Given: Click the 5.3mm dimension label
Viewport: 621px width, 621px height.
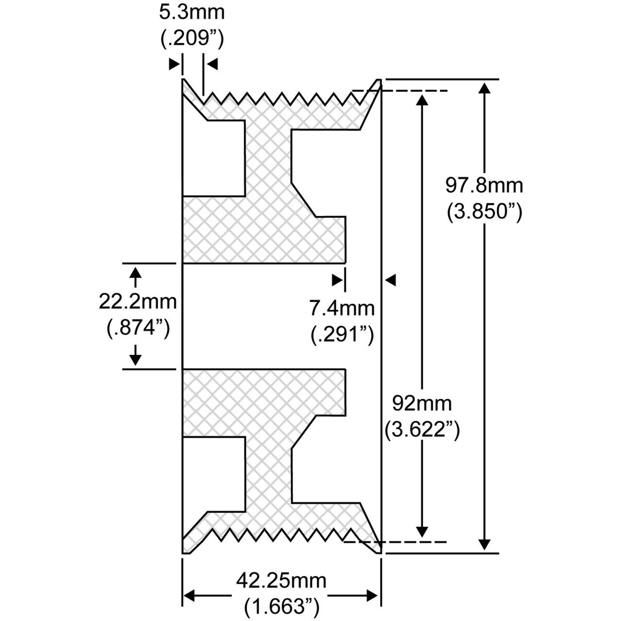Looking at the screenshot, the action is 192,13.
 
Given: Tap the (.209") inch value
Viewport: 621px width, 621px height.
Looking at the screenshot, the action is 192,39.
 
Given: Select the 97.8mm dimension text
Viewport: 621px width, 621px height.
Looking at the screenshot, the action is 484,186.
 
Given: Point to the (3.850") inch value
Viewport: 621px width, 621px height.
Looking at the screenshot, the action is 484,212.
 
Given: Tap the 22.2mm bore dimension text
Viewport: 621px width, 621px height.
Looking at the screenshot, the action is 138,302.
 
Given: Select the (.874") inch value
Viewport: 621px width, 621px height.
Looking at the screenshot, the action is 138,328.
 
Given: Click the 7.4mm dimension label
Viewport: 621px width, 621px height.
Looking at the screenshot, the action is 342,308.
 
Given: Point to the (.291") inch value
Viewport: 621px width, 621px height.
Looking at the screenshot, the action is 342,334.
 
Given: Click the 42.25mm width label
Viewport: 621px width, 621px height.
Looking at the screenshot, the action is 281,581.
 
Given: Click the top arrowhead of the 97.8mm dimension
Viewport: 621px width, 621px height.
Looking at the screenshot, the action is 484,88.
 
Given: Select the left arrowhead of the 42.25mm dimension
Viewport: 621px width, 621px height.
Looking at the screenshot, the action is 189,596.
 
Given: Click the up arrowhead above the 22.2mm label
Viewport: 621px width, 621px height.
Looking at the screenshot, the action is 135,273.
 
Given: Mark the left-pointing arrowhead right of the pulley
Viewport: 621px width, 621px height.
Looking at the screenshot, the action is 390,280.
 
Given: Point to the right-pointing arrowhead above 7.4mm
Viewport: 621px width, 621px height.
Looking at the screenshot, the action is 337,280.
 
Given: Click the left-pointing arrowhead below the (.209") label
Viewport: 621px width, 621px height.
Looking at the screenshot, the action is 212,64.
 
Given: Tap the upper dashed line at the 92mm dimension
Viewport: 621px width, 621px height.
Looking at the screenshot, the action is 400,91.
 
